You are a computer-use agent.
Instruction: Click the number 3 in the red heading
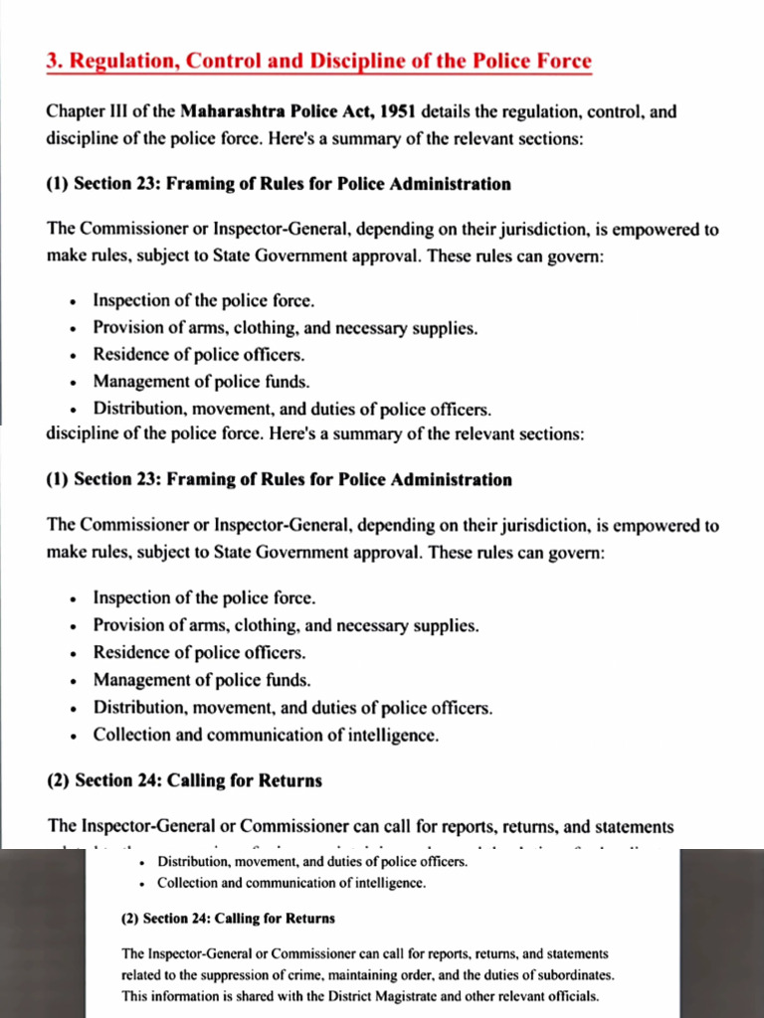coord(53,61)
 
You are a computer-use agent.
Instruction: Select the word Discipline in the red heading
coord(359,61)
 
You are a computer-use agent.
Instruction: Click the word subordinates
coord(569,974)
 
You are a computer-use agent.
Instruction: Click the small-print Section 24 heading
coord(228,919)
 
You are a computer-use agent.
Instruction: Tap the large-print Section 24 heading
coord(184,780)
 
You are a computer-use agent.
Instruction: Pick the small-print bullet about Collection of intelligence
coord(291,883)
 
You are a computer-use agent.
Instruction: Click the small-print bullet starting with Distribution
coord(312,862)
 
